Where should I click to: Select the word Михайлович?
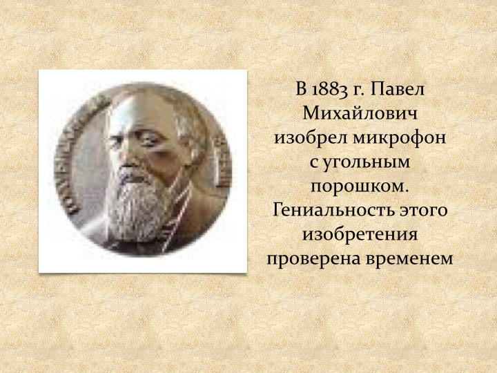(x=360, y=113)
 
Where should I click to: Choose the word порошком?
(x=360, y=187)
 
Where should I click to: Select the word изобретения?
(x=360, y=235)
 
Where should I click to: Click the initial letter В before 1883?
(x=301, y=89)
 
